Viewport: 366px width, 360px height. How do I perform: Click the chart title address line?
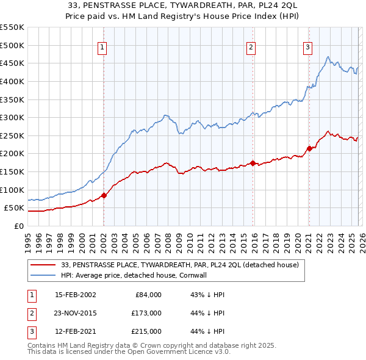182,5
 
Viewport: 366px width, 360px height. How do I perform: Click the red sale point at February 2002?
103,195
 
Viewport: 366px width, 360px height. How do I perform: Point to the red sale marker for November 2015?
253,163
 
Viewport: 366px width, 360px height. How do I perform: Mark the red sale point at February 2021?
309,148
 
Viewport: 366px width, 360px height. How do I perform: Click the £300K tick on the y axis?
12,117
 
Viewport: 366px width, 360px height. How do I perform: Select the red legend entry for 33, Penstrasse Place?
180,265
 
